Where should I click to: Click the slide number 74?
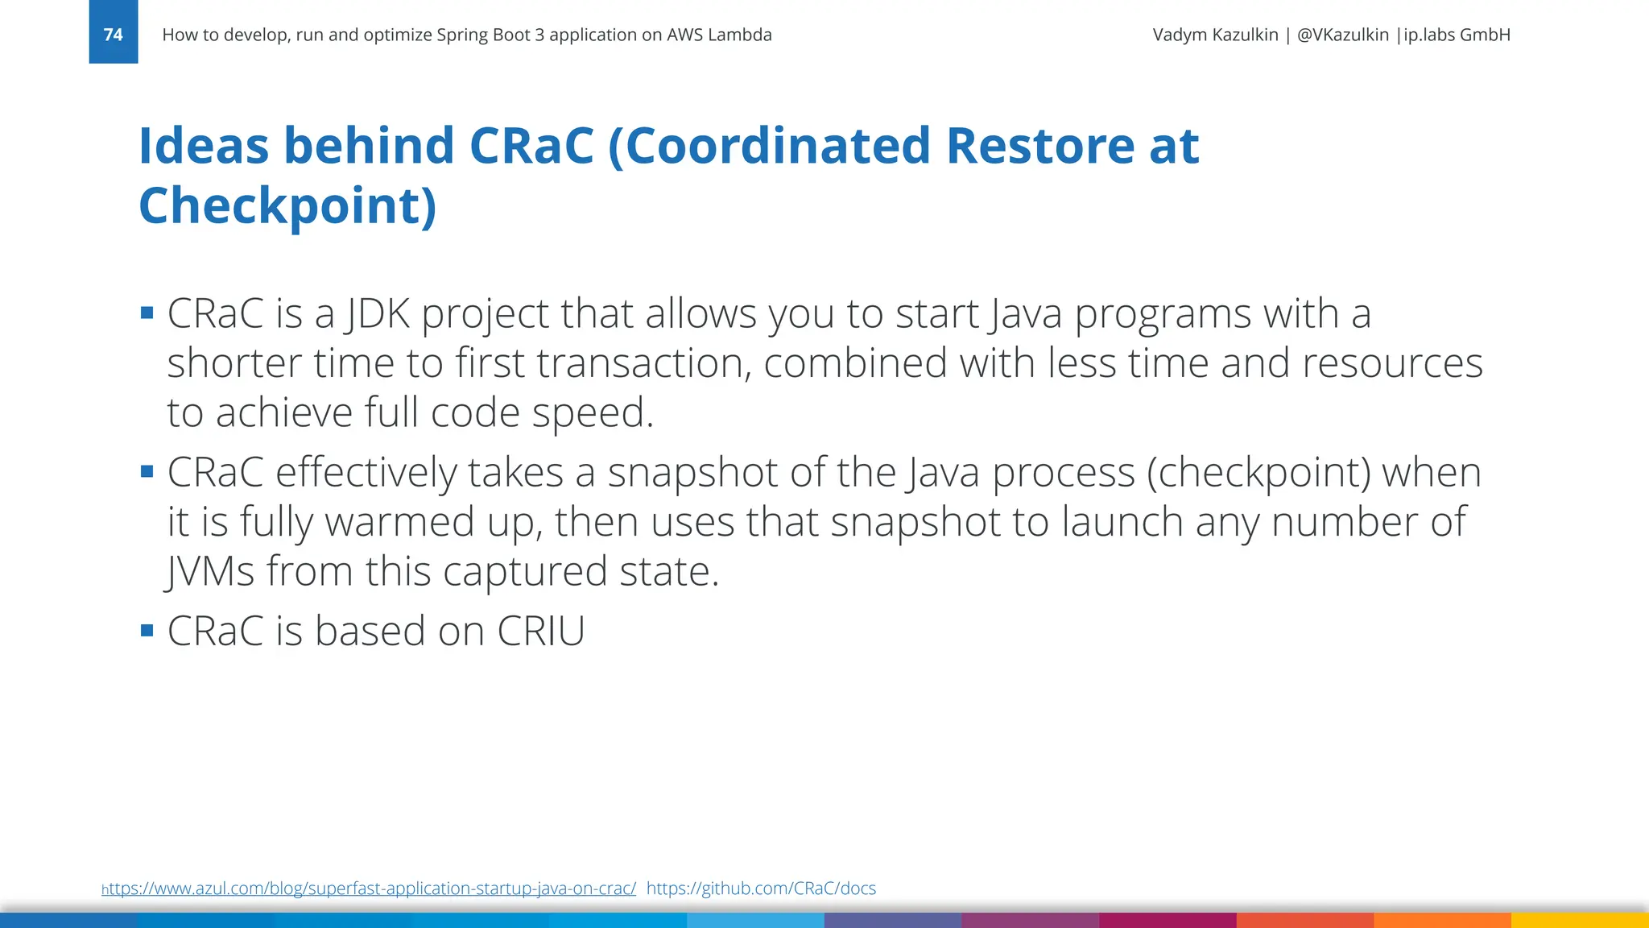tap(113, 35)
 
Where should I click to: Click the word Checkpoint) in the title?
tap(287, 206)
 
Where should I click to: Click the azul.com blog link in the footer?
tap(370, 889)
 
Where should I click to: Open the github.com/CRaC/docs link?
tap(761, 889)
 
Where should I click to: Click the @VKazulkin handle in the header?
tap(1342, 35)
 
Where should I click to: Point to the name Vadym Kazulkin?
tap(1215, 35)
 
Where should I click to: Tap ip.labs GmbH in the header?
tap(1457, 35)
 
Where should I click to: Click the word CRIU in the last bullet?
tap(540, 631)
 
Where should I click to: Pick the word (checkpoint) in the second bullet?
tap(1258, 473)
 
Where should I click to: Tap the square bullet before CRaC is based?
tap(147, 630)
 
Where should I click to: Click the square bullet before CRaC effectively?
tap(147, 471)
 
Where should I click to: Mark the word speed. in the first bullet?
tap(593, 413)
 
